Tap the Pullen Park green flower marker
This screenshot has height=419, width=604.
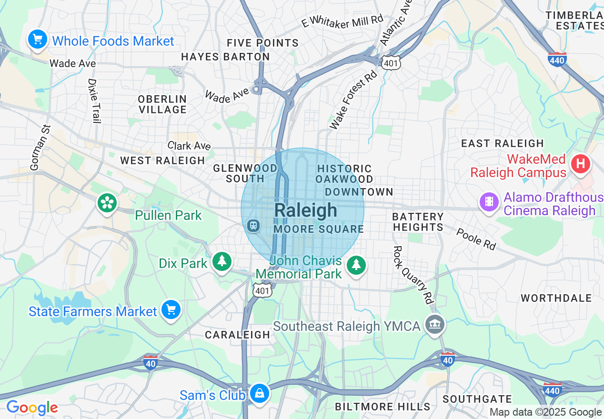pyautogui.click(x=108, y=203)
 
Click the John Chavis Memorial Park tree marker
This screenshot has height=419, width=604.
pyautogui.click(x=356, y=265)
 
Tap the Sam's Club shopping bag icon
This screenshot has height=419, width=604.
pyautogui.click(x=260, y=393)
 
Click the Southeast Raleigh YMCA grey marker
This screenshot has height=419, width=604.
pyautogui.click(x=434, y=325)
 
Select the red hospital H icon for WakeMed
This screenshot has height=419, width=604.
pyautogui.click(x=580, y=164)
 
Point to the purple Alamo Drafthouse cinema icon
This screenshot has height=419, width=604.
pyautogui.click(x=489, y=201)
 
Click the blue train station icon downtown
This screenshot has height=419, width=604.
pyautogui.click(x=254, y=225)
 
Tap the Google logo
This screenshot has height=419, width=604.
pyautogui.click(x=32, y=408)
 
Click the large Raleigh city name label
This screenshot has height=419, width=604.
pyautogui.click(x=306, y=210)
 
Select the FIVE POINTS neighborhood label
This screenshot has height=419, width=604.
pyautogui.click(x=262, y=43)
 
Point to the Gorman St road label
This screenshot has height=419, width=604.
pyautogui.click(x=40, y=147)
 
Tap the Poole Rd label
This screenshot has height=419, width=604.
pyautogui.click(x=476, y=239)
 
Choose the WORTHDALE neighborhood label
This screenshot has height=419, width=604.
pyautogui.click(x=556, y=298)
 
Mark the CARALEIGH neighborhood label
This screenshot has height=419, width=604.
pyautogui.click(x=238, y=335)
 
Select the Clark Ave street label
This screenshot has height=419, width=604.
pyautogui.click(x=189, y=146)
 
